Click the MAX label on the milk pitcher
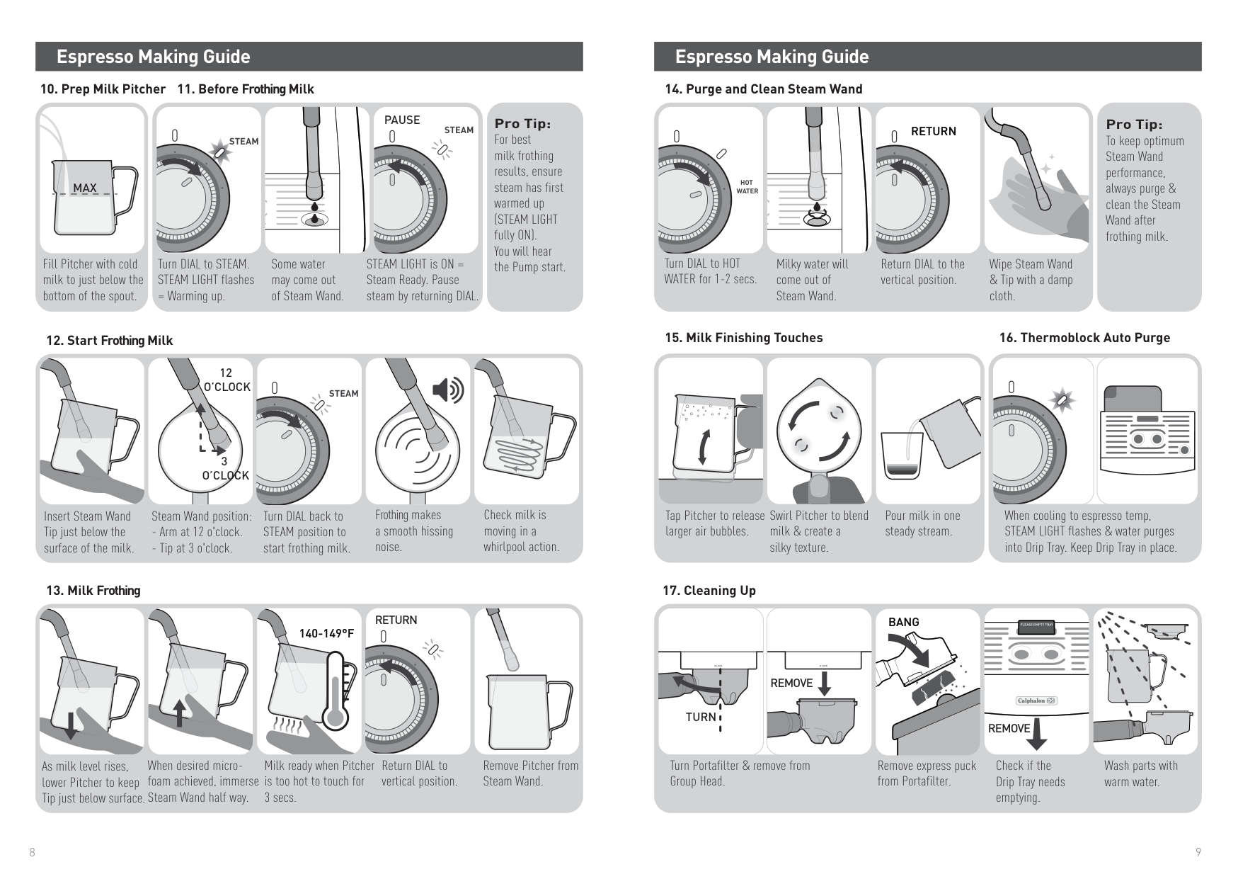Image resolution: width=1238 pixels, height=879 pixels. pos(85,188)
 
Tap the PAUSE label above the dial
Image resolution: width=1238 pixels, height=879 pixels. pos(402,120)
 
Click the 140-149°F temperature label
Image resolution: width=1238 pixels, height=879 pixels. pos(326,633)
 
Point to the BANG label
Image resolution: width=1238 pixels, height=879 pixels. pos(903,622)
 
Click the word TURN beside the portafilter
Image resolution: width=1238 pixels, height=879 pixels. pos(701,717)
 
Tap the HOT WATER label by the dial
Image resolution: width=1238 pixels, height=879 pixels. pos(747,187)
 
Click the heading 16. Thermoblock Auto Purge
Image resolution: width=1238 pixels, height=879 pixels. pos(1084,338)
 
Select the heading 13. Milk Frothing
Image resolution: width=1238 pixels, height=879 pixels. pos(93,591)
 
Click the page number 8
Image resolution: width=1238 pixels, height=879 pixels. pos(32,853)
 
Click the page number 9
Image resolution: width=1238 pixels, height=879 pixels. pos(1198,853)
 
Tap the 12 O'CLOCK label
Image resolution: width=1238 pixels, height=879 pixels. pos(227,380)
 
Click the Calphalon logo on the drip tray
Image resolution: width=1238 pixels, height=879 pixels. pos(1037,701)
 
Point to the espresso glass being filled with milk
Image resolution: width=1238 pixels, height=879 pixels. pos(902,457)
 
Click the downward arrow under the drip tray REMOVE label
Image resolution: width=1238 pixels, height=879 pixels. pos(1036,733)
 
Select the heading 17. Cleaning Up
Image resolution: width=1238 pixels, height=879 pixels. pos(709,591)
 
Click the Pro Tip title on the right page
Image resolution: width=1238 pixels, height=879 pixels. pos(1134,124)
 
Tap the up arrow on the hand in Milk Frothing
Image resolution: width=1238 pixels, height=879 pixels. pos(180,712)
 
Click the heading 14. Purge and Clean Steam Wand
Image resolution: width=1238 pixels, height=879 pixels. pos(763,89)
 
